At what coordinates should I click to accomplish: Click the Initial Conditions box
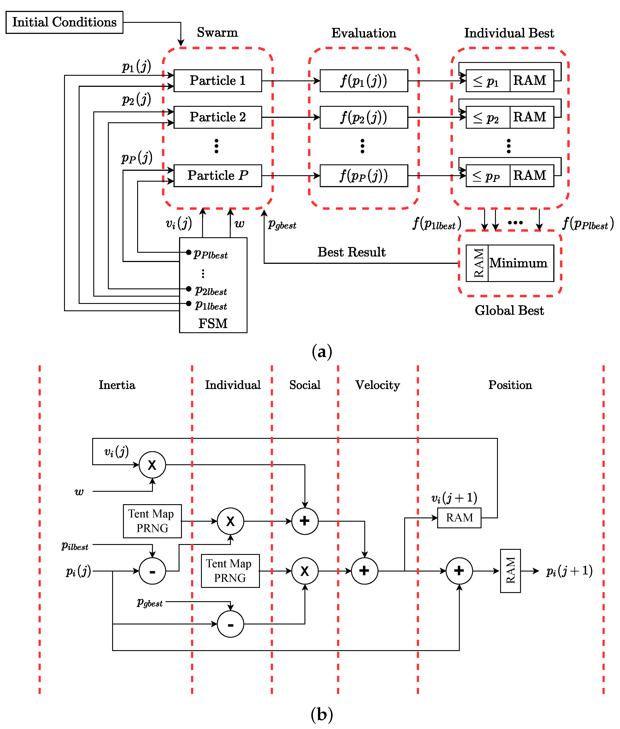click(x=64, y=22)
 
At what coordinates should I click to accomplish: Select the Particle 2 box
click(x=218, y=117)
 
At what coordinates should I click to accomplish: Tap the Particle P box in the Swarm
click(x=218, y=175)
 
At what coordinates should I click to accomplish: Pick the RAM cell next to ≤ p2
click(x=531, y=117)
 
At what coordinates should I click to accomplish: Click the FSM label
click(x=213, y=323)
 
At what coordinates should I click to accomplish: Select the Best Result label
click(x=351, y=252)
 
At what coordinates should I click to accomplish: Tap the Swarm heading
click(x=217, y=32)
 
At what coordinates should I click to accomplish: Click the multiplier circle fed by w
click(x=152, y=465)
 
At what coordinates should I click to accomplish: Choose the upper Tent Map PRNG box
click(x=152, y=521)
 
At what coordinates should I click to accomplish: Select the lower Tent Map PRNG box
click(x=230, y=571)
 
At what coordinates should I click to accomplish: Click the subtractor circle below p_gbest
click(x=230, y=624)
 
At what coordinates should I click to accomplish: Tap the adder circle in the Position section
click(x=459, y=571)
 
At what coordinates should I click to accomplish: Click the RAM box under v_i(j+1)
click(x=459, y=517)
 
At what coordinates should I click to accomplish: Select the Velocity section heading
click(x=378, y=385)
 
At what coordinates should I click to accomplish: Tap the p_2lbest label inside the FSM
click(x=211, y=291)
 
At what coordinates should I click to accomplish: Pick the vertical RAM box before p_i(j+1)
click(x=510, y=571)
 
